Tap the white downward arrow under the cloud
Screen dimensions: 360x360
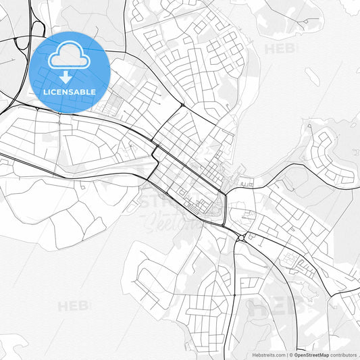66,76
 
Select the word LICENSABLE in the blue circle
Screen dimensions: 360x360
69,92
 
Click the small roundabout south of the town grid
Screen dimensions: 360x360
242,237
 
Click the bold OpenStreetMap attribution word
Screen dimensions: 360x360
311,355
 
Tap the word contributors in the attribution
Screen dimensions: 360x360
344,355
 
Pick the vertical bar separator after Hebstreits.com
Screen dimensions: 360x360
288,355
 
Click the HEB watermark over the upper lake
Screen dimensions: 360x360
279,49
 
